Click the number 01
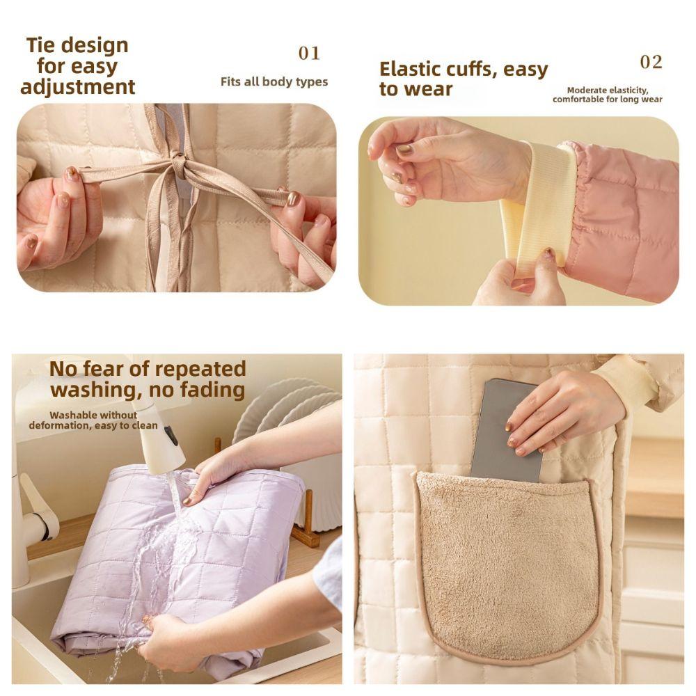click(x=309, y=53)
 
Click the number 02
click(x=651, y=62)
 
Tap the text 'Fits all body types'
click(x=274, y=82)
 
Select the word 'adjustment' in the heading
click(x=77, y=87)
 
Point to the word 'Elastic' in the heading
click(x=412, y=70)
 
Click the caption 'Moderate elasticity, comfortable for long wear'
click(x=608, y=95)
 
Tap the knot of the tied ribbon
click(x=180, y=168)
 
